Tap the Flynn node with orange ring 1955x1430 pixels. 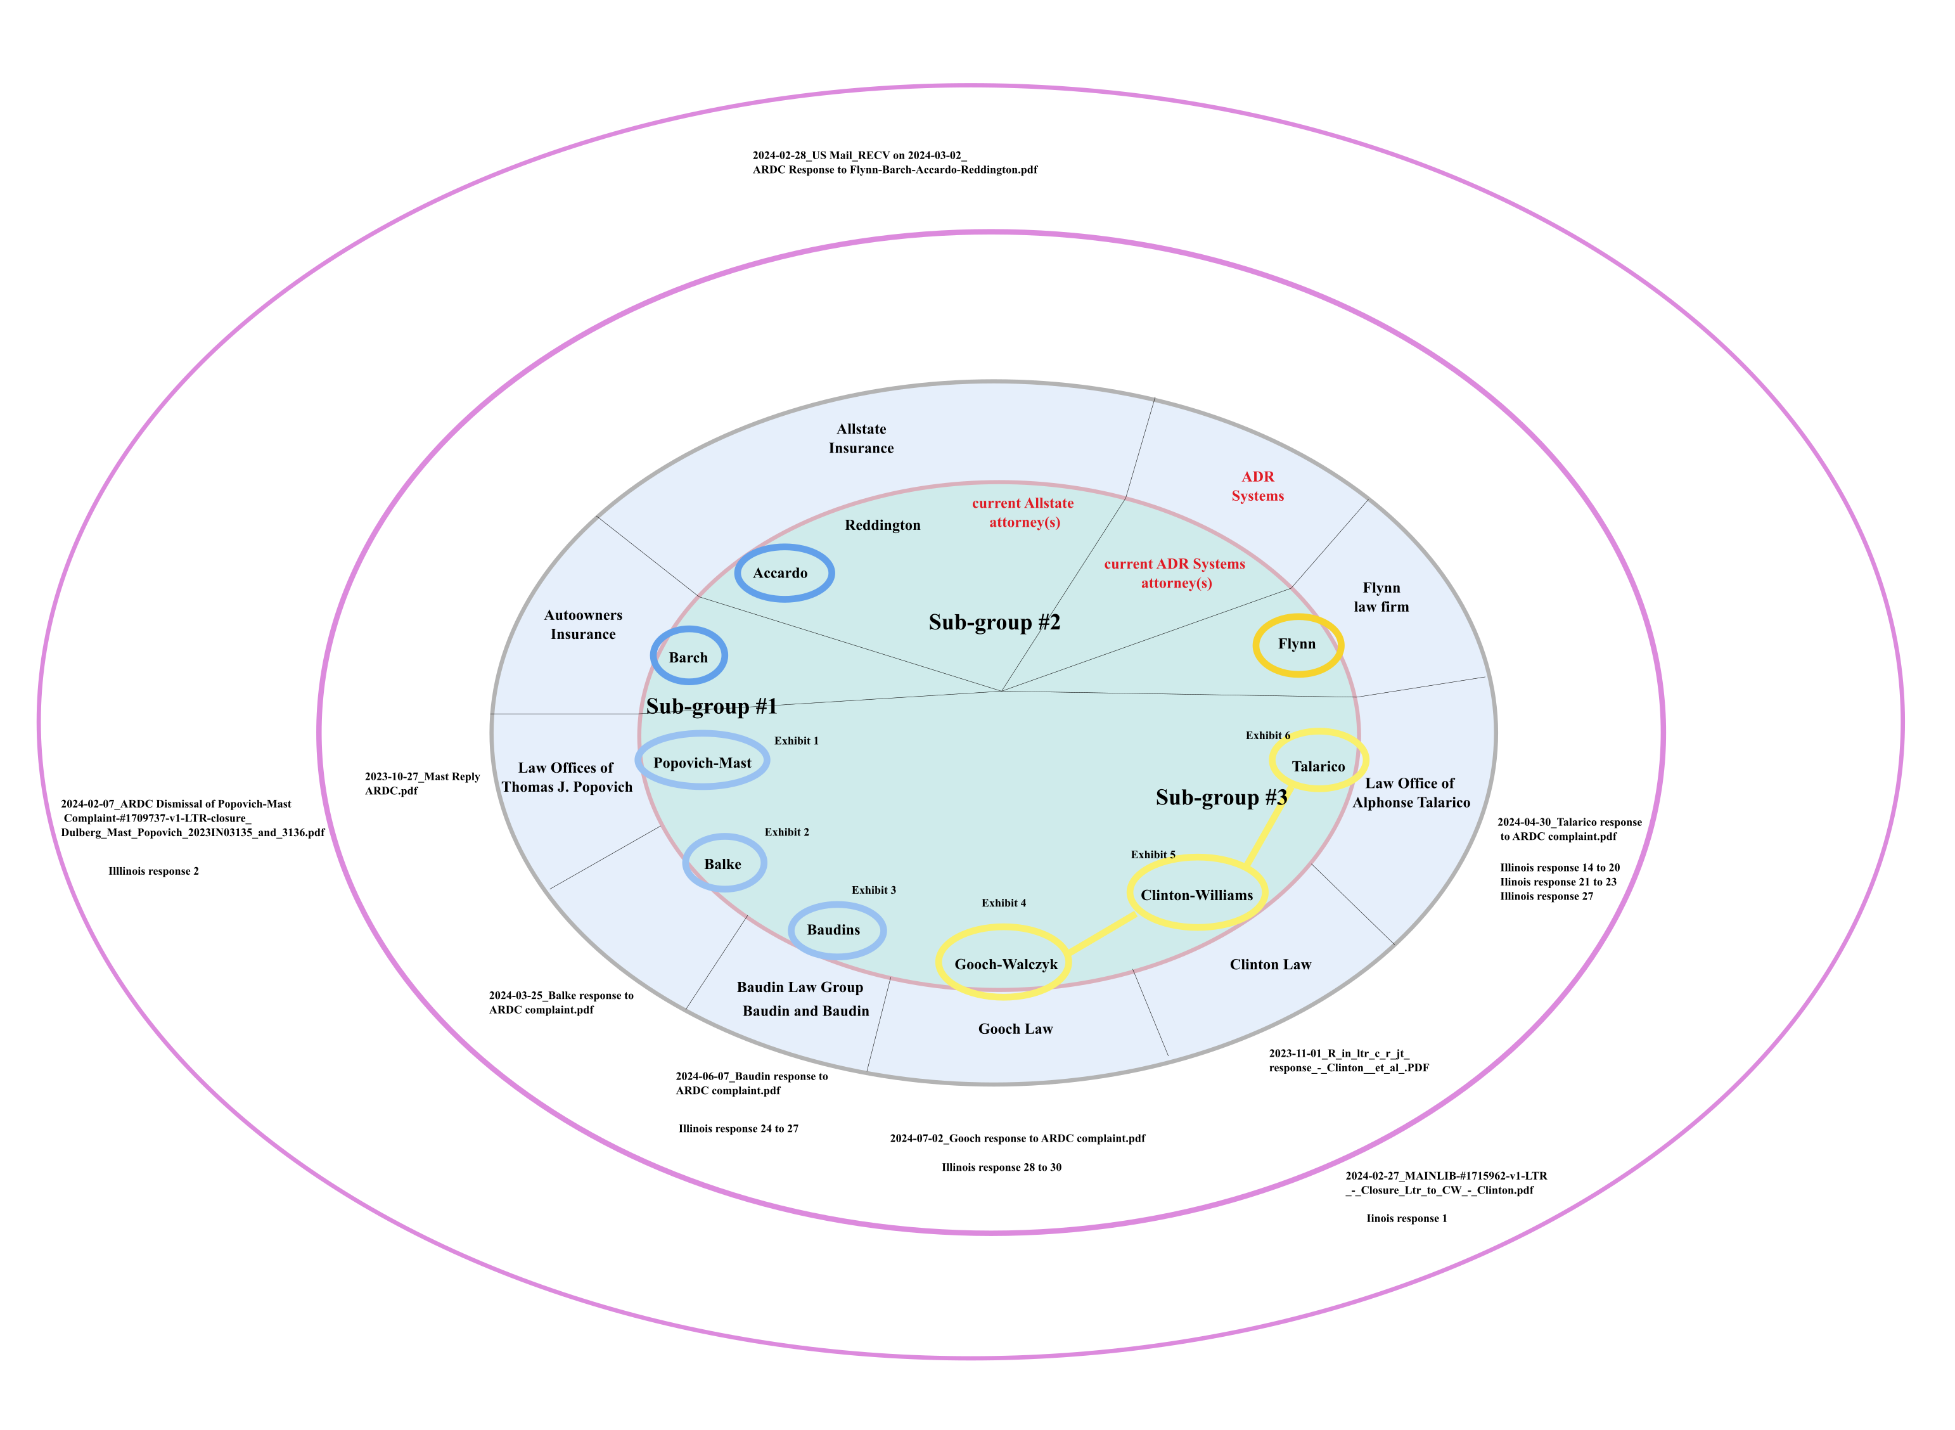(x=1297, y=645)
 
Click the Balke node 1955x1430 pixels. (x=724, y=863)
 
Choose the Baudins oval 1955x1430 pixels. (x=835, y=930)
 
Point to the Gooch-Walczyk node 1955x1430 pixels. (x=1005, y=963)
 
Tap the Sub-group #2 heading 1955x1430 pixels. (x=994, y=622)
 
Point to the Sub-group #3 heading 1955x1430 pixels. (x=1221, y=797)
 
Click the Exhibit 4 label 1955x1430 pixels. (x=1003, y=903)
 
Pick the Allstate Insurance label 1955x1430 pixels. (x=861, y=438)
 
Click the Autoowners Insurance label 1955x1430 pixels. (x=583, y=624)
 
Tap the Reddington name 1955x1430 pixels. (x=882, y=525)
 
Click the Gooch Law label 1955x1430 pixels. (x=1015, y=1028)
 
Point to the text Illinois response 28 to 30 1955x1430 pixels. (x=1001, y=1167)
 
